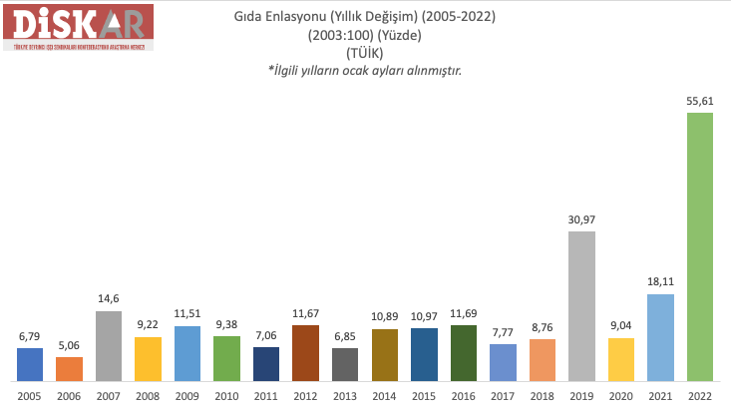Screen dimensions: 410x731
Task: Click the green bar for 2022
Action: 700,246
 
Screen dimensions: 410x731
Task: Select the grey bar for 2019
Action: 581,305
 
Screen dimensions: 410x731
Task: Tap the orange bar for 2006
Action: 69,368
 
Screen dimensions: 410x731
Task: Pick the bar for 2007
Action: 109,345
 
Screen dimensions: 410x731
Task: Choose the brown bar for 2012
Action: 305,352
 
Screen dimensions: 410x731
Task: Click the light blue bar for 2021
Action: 660,337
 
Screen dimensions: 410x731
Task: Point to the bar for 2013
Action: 345,364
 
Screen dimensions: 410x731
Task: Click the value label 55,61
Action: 700,101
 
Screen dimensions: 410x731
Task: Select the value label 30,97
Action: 581,219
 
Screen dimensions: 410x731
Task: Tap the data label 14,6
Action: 109,299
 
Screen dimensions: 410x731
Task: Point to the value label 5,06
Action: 69,345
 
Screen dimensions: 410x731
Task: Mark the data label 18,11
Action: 660,282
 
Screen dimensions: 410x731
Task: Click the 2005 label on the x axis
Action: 29,395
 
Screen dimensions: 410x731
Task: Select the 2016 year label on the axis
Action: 464,395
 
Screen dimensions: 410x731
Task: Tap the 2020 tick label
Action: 621,395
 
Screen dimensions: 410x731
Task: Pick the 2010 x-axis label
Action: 226,395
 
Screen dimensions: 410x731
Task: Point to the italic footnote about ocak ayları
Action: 364,71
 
